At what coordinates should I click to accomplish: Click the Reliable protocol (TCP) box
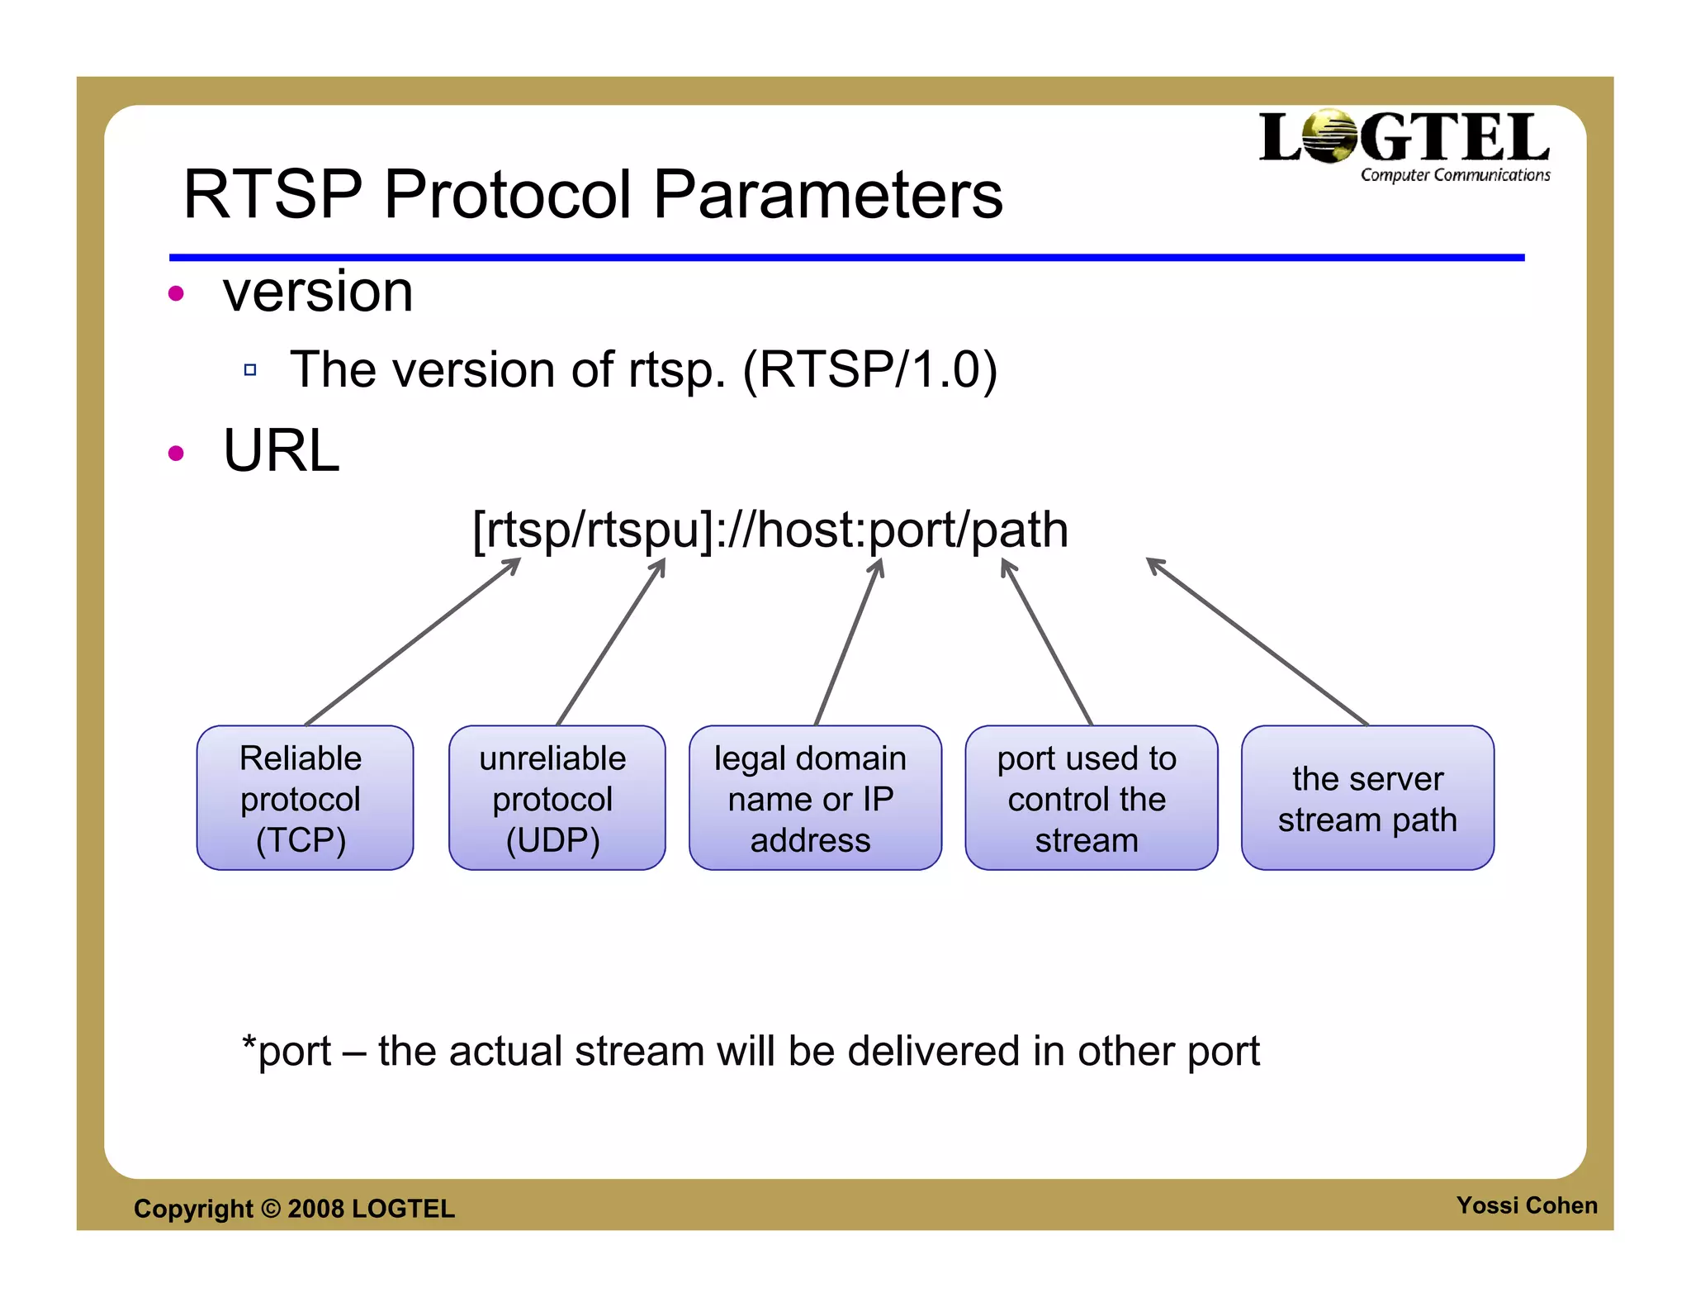click(x=305, y=798)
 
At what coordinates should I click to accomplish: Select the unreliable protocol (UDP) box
click(x=557, y=798)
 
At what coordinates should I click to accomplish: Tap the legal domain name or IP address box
click(x=815, y=798)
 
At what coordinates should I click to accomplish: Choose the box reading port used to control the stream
click(x=1091, y=798)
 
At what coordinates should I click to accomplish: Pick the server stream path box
click(x=1367, y=798)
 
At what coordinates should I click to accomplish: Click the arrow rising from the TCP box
click(x=413, y=642)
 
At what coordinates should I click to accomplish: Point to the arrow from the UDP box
click(x=611, y=642)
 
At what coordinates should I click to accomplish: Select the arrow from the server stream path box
click(x=1257, y=642)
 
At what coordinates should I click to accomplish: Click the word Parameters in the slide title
click(x=828, y=195)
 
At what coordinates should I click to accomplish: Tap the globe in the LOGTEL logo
click(x=1329, y=136)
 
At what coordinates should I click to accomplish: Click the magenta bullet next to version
click(x=176, y=293)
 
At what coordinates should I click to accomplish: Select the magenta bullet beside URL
click(x=176, y=453)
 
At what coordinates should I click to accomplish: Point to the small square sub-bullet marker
click(x=250, y=370)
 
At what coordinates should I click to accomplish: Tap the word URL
click(x=281, y=451)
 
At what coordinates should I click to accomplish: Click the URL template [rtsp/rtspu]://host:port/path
click(x=770, y=530)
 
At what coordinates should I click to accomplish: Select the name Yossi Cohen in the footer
click(x=1526, y=1205)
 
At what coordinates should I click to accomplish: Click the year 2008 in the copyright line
click(x=315, y=1209)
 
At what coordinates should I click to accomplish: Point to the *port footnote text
click(x=750, y=1052)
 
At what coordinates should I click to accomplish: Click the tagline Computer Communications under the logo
click(x=1455, y=175)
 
